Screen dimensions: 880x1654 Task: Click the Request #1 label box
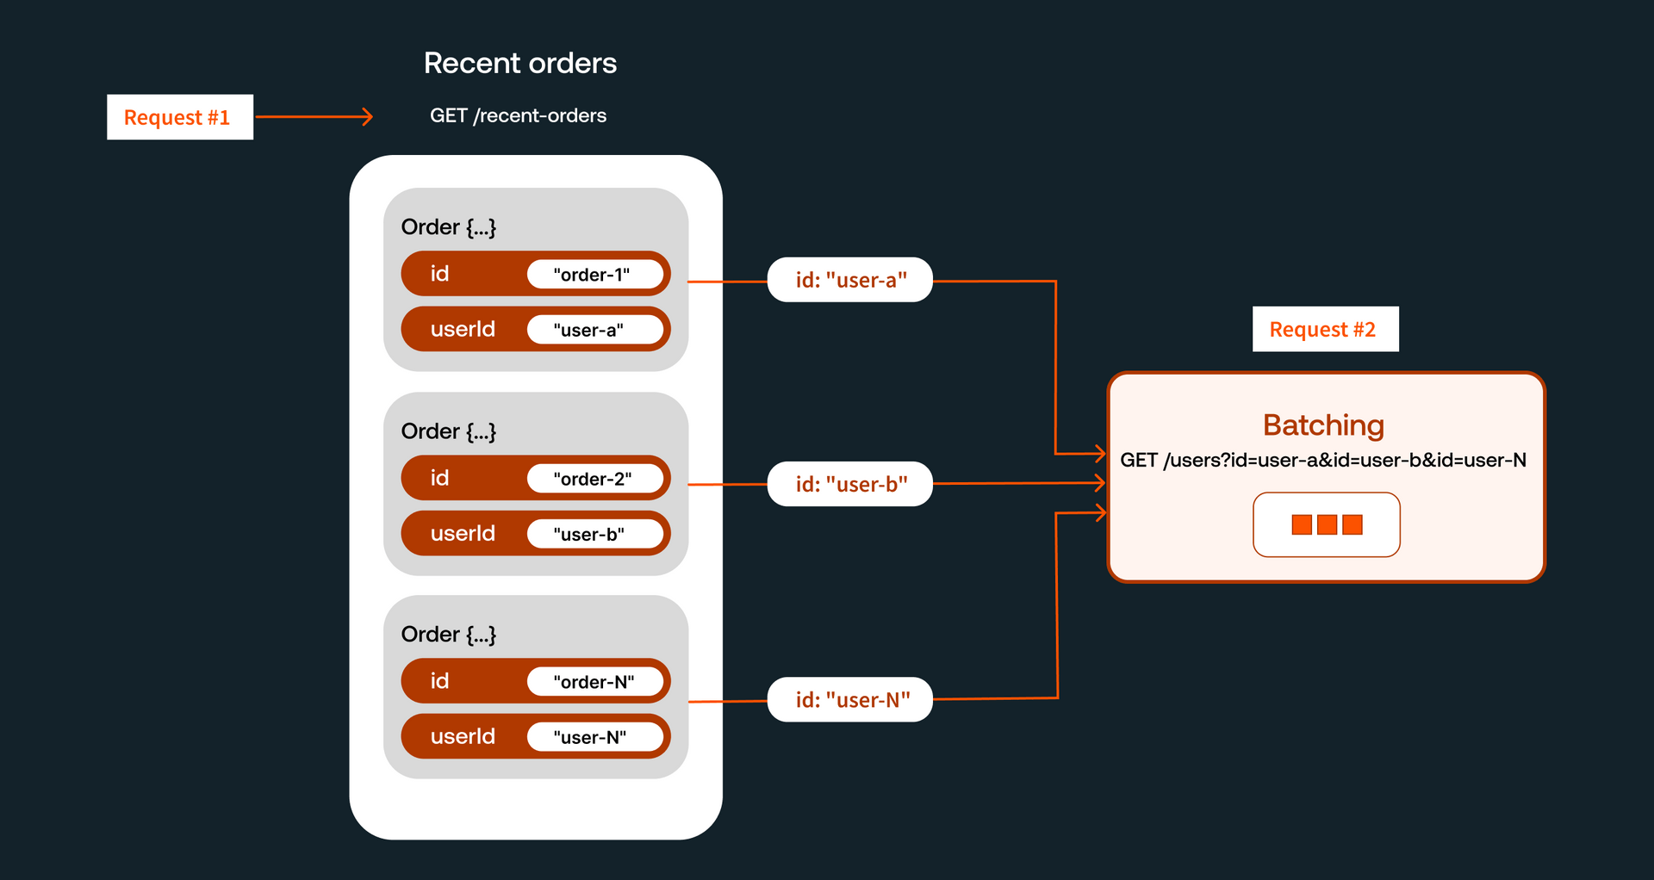tap(179, 117)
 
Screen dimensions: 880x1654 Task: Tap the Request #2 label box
tap(1325, 329)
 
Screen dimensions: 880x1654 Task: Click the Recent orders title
tap(519, 63)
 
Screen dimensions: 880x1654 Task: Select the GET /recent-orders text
tap(518, 115)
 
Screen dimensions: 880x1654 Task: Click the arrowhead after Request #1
tap(368, 116)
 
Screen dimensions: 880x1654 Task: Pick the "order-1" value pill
tap(594, 275)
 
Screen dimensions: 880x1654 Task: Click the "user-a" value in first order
tap(594, 330)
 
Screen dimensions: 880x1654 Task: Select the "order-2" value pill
tap(594, 479)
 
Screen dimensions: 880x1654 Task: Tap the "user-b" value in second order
tap(594, 534)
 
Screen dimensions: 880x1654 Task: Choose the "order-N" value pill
tap(594, 682)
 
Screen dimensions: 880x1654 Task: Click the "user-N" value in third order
tap(594, 737)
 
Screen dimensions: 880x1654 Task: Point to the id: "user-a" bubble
tap(849, 280)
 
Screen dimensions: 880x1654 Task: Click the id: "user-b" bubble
tap(849, 484)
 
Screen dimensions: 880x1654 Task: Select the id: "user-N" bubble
tap(849, 700)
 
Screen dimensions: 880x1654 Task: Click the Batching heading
tap(1323, 425)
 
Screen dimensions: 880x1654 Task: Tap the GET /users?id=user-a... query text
tap(1323, 460)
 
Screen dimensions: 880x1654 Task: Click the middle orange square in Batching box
tap(1327, 524)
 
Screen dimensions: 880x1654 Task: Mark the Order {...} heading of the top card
tap(448, 227)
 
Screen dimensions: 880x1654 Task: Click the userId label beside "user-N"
tap(463, 737)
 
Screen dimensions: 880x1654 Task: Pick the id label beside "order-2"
tap(439, 478)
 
